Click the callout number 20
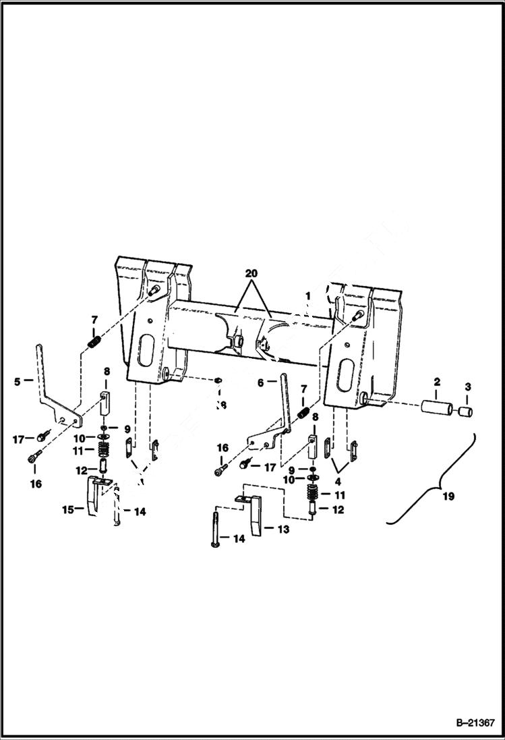[x=251, y=274]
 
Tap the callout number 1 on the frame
[x=308, y=296]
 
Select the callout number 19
[x=448, y=496]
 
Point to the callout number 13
[x=284, y=530]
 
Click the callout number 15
[x=68, y=511]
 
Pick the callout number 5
[x=17, y=381]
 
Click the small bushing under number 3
[x=465, y=412]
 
